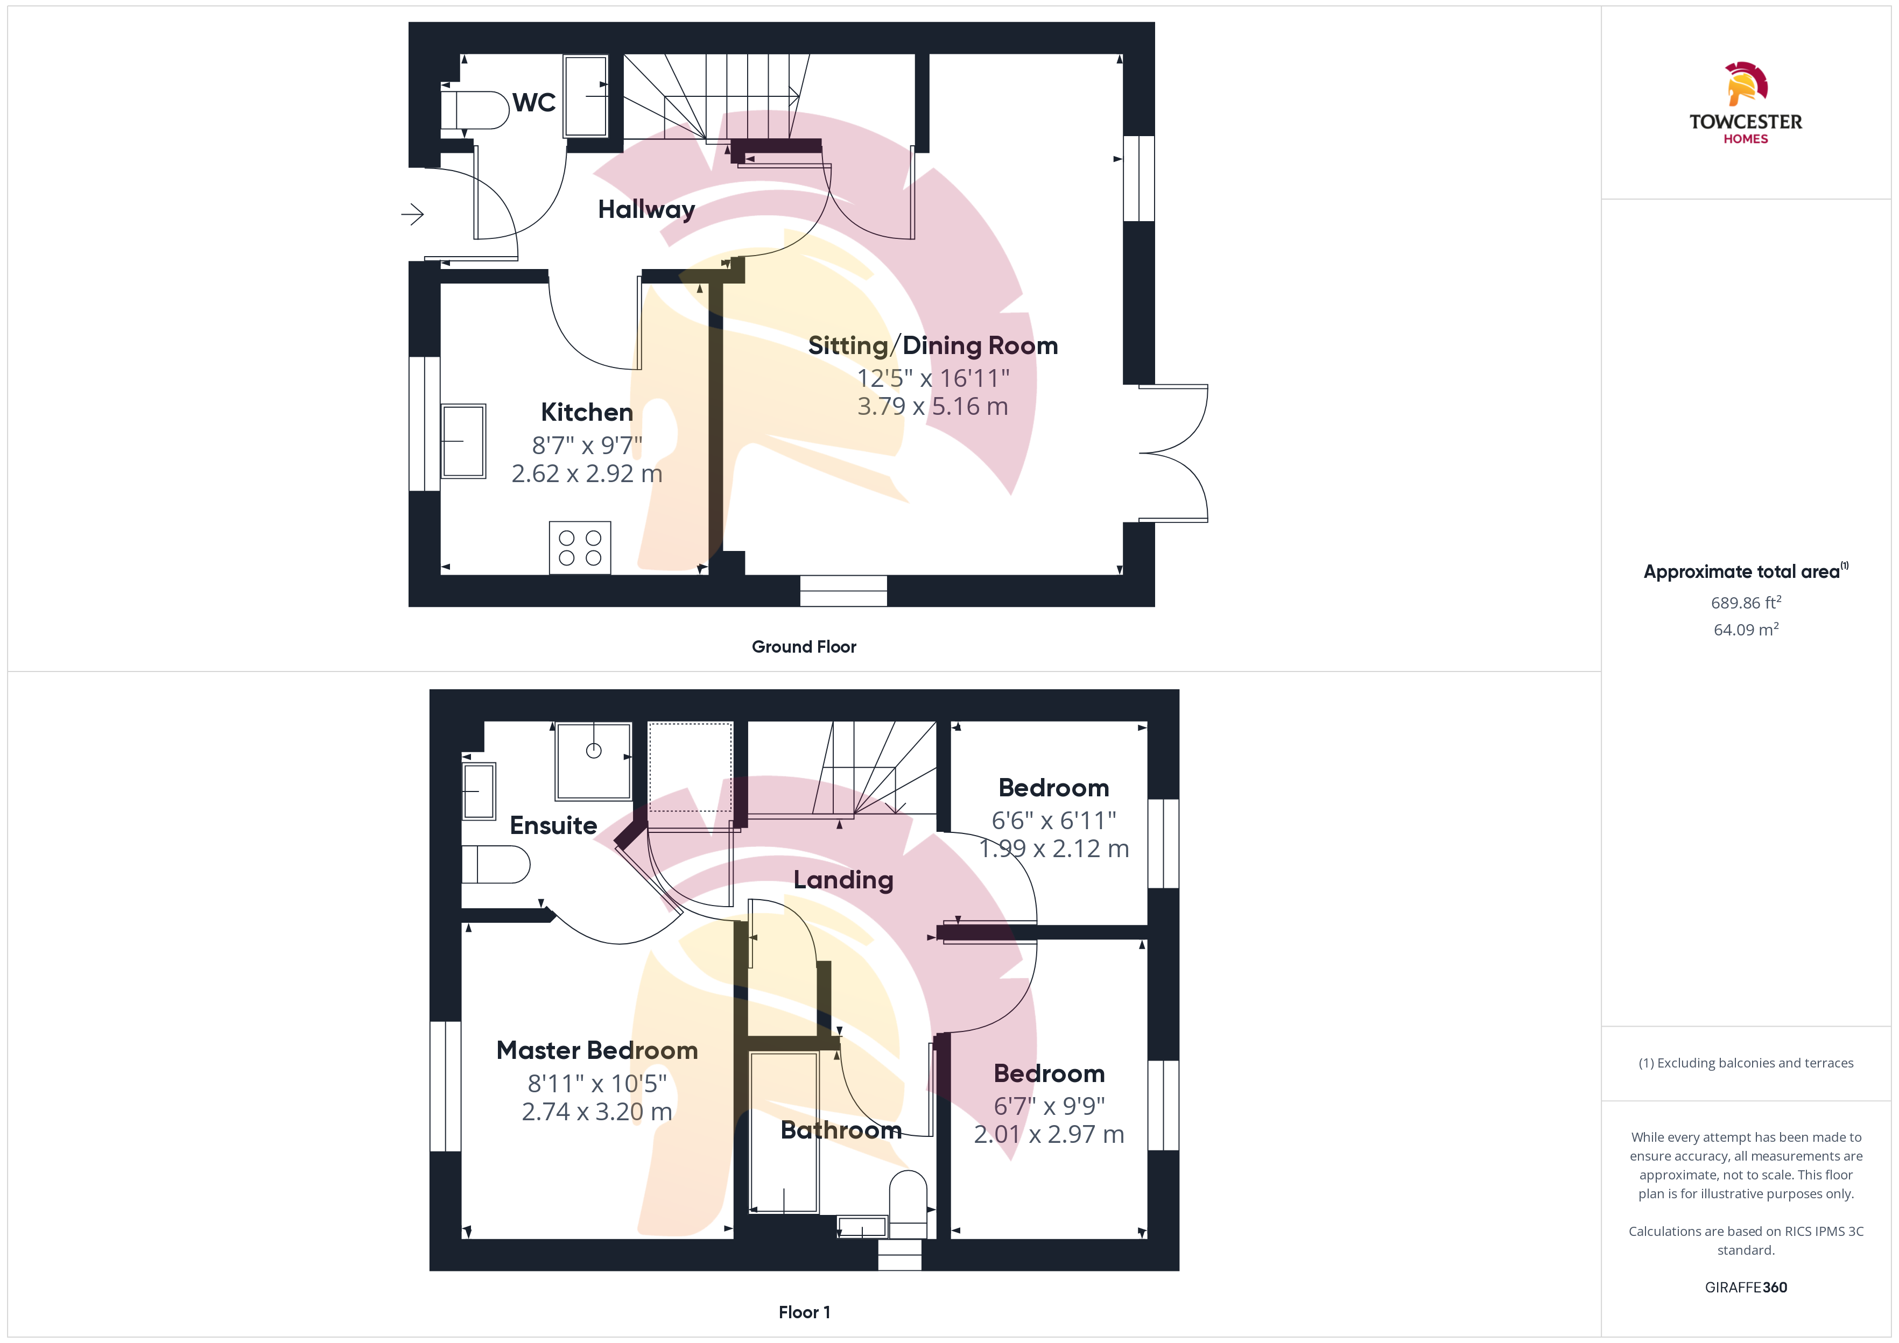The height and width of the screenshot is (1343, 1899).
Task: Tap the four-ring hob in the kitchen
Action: pos(580,547)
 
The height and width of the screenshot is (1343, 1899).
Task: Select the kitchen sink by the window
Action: pos(463,441)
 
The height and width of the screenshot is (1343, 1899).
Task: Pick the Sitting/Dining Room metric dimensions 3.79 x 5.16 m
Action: pos(932,407)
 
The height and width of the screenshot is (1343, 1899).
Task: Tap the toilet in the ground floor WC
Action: pos(474,110)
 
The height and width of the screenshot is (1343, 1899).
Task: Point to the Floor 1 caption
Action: pos(804,1312)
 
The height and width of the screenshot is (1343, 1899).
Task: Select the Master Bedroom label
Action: pos(597,1050)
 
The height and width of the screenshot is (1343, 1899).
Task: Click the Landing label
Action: pos(843,880)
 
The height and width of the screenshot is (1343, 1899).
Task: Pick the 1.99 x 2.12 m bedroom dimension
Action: pos(1054,849)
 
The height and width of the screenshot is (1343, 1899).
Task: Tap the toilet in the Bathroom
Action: pos(908,1204)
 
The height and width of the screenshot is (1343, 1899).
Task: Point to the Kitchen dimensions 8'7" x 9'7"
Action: pos(587,446)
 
